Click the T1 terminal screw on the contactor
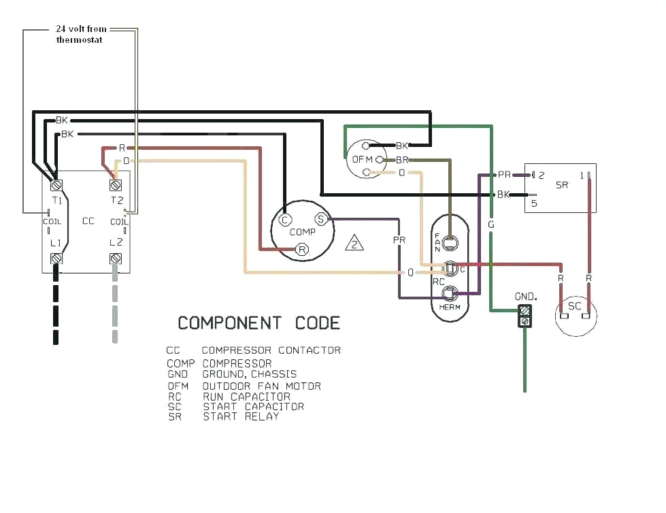57,184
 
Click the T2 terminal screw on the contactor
116,184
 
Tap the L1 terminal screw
57,259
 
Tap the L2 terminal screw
116,259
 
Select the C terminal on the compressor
285,219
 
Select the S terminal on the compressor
320,219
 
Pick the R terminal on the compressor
303,250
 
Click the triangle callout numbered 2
354,243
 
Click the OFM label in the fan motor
362,159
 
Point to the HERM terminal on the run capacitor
449,293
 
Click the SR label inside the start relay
562,185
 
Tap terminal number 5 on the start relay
535,203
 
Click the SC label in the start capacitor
575,306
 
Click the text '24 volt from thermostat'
81,35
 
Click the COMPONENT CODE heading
259,322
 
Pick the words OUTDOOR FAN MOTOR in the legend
261,386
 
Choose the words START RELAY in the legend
241,416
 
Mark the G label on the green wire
491,224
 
